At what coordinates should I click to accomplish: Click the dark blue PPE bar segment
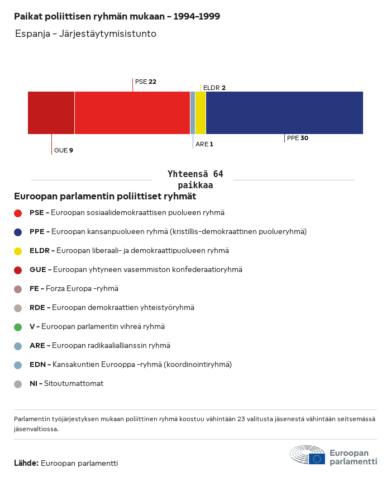pos(284,113)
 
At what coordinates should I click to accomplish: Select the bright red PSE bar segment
pos(132,113)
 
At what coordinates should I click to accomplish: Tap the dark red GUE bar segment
pos(51,113)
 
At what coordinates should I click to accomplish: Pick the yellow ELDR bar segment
pos(201,113)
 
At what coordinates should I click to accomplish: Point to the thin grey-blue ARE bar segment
pos(193,113)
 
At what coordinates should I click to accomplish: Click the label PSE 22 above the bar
pos(145,82)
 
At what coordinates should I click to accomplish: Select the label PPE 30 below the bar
pos(297,138)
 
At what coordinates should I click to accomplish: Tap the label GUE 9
pos(64,150)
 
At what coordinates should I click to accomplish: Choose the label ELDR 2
pos(214,88)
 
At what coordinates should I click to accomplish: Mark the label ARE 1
pos(204,144)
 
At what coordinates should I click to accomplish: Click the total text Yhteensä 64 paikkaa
pos(195,179)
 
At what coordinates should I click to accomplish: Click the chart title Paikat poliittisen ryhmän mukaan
pos(117,16)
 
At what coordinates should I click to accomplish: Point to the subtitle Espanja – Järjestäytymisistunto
pos(85,34)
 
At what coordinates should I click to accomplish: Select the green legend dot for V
pos(18,327)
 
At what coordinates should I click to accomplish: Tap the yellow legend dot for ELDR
pos(18,251)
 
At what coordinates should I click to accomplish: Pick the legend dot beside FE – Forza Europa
pos(18,289)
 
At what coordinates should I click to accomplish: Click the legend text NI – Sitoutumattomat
pos(66,384)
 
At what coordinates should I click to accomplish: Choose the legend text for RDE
pos(112,308)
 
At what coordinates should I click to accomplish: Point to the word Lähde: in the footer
pos(26,463)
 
